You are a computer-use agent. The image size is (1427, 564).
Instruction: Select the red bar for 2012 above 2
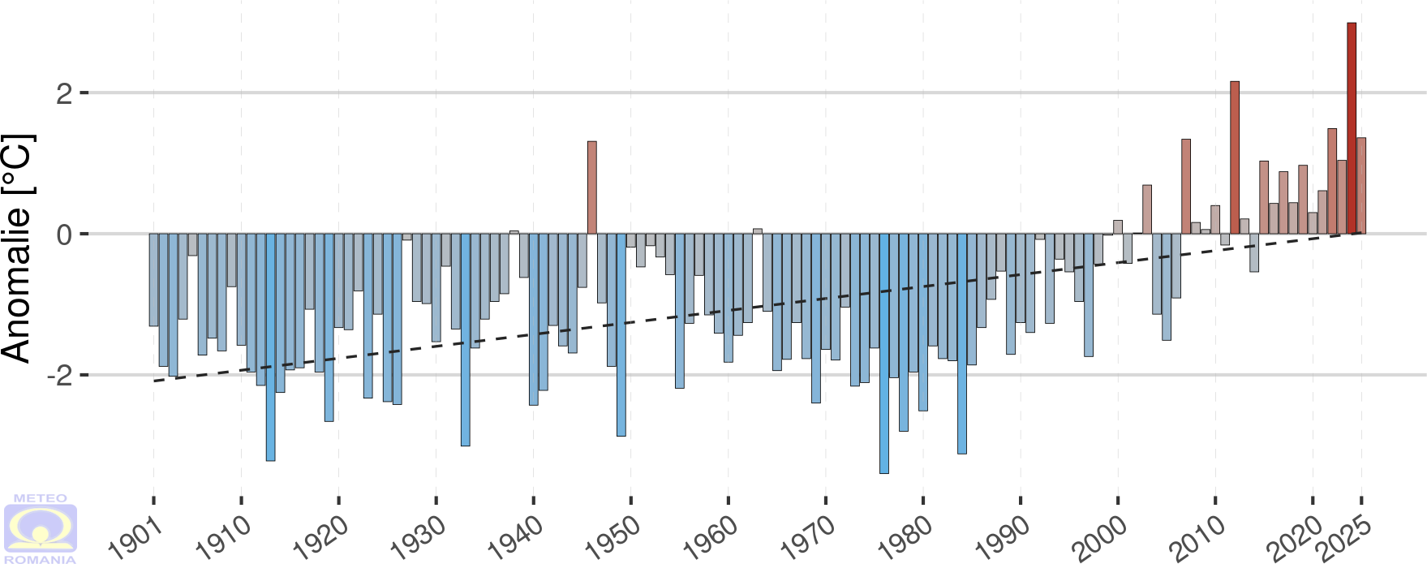[x=1235, y=157]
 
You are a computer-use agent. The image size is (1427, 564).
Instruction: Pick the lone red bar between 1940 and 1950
[x=592, y=187]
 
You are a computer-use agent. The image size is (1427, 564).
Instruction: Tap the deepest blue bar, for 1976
[x=884, y=353]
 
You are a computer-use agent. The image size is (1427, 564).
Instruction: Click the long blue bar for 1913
[x=270, y=347]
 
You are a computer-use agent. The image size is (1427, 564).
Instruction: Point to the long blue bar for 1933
[x=466, y=339]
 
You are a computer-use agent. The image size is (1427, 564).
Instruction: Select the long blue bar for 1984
[x=962, y=343]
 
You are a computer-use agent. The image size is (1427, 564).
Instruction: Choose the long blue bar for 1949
[x=621, y=334]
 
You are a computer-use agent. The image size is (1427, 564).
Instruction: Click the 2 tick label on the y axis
[x=64, y=93]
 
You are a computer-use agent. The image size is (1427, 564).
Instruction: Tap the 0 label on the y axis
[x=64, y=235]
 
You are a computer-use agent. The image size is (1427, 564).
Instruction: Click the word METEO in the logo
[x=41, y=498]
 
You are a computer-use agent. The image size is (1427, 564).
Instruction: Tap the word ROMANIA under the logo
[x=41, y=559]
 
